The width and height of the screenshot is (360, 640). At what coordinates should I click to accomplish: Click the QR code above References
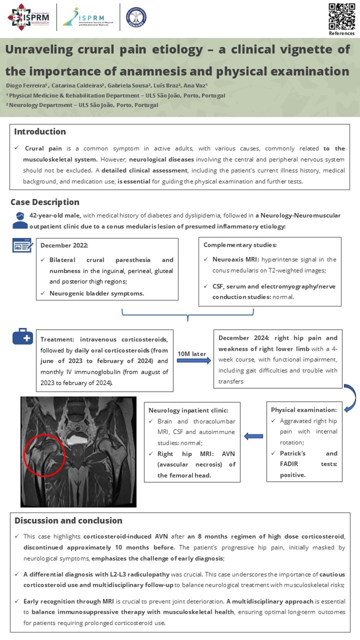342,16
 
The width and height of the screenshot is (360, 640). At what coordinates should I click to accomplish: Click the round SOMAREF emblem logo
136,17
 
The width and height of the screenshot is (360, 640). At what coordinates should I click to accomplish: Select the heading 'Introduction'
40,132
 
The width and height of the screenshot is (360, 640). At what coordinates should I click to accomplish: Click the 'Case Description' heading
45,202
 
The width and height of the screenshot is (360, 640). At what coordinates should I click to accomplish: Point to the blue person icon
20,221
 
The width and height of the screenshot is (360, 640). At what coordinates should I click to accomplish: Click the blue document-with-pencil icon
23,245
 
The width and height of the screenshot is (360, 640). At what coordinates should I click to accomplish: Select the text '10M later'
192,354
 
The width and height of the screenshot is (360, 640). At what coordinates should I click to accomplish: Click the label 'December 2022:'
64,245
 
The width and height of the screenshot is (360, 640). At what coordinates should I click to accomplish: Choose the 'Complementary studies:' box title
240,245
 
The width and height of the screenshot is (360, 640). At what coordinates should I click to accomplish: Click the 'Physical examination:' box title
304,410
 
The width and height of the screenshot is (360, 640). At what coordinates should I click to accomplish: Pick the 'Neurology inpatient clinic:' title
188,410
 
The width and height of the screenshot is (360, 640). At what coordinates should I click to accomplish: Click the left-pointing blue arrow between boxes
253,436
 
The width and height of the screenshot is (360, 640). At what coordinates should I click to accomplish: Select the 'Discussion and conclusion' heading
68,520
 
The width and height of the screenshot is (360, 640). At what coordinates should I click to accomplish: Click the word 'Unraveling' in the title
39,49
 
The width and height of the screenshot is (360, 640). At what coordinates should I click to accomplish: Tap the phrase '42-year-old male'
55,215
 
